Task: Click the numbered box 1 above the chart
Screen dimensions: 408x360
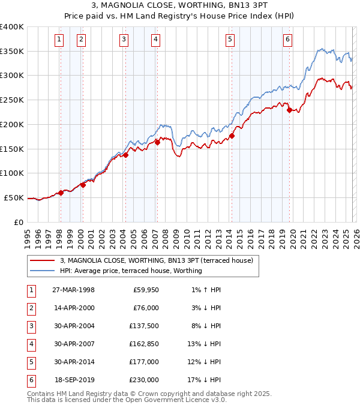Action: coord(59,40)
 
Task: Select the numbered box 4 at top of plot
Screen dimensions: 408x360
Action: coord(155,40)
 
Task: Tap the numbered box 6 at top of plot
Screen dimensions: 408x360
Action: coord(288,40)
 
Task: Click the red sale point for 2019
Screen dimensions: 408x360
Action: coord(289,110)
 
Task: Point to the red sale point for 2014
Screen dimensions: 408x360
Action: coord(232,136)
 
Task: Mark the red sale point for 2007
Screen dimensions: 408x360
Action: coord(157,142)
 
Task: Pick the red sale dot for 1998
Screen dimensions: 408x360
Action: coord(61,193)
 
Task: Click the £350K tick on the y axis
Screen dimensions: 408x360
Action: coord(12,52)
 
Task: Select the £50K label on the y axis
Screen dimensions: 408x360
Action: coord(14,197)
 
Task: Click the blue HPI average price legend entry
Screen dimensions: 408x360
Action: coord(131,271)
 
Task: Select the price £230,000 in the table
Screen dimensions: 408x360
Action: coord(144,379)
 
